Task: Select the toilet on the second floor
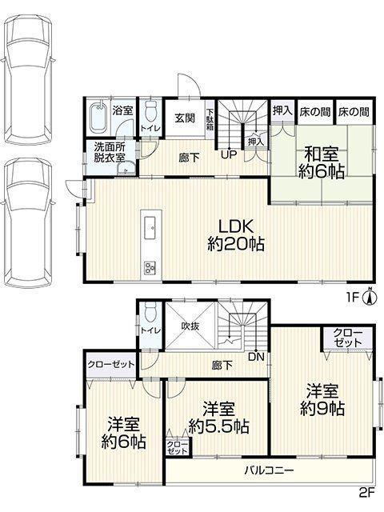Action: pyautogui.click(x=150, y=311)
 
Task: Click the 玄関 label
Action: pyautogui.click(x=185, y=118)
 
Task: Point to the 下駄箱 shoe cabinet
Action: pyautogui.click(x=210, y=119)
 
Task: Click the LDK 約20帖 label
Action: pyautogui.click(x=236, y=235)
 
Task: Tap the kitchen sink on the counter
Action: pyautogui.click(x=150, y=227)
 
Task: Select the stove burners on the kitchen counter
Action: pyautogui.click(x=150, y=267)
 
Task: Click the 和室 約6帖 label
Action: pyautogui.click(x=322, y=162)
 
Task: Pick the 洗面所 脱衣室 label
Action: pyautogui.click(x=110, y=152)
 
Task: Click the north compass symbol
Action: pyautogui.click(x=370, y=297)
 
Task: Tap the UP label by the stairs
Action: pyautogui.click(x=229, y=154)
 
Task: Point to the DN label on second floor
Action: pyautogui.click(x=256, y=357)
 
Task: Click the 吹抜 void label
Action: pyautogui.click(x=190, y=326)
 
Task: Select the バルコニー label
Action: pyautogui.click(x=270, y=470)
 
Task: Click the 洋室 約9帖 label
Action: pyautogui.click(x=322, y=400)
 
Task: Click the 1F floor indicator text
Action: pyautogui.click(x=353, y=298)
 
